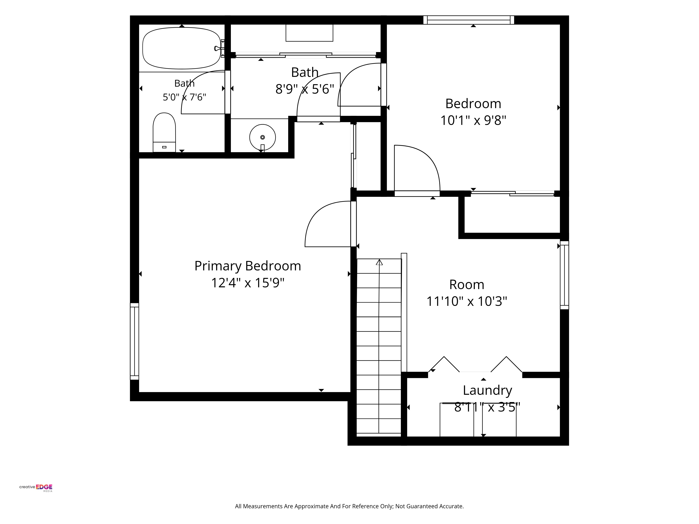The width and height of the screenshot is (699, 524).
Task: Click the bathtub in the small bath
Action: click(182, 48)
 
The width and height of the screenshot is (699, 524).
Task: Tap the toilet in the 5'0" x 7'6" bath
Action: click(164, 132)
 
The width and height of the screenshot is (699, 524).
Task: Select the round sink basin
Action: click(262, 137)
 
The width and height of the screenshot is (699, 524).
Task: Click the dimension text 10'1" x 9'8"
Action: click(473, 120)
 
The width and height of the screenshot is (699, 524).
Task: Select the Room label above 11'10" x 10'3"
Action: click(467, 285)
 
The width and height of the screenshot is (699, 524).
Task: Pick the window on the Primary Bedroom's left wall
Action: click(135, 341)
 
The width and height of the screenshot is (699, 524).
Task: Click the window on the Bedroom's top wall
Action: click(469, 20)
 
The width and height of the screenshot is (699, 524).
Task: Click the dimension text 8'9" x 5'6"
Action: click(305, 89)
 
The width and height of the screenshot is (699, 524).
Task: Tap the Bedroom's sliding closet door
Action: click(512, 193)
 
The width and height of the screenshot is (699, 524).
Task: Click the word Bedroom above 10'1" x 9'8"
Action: click(473, 104)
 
